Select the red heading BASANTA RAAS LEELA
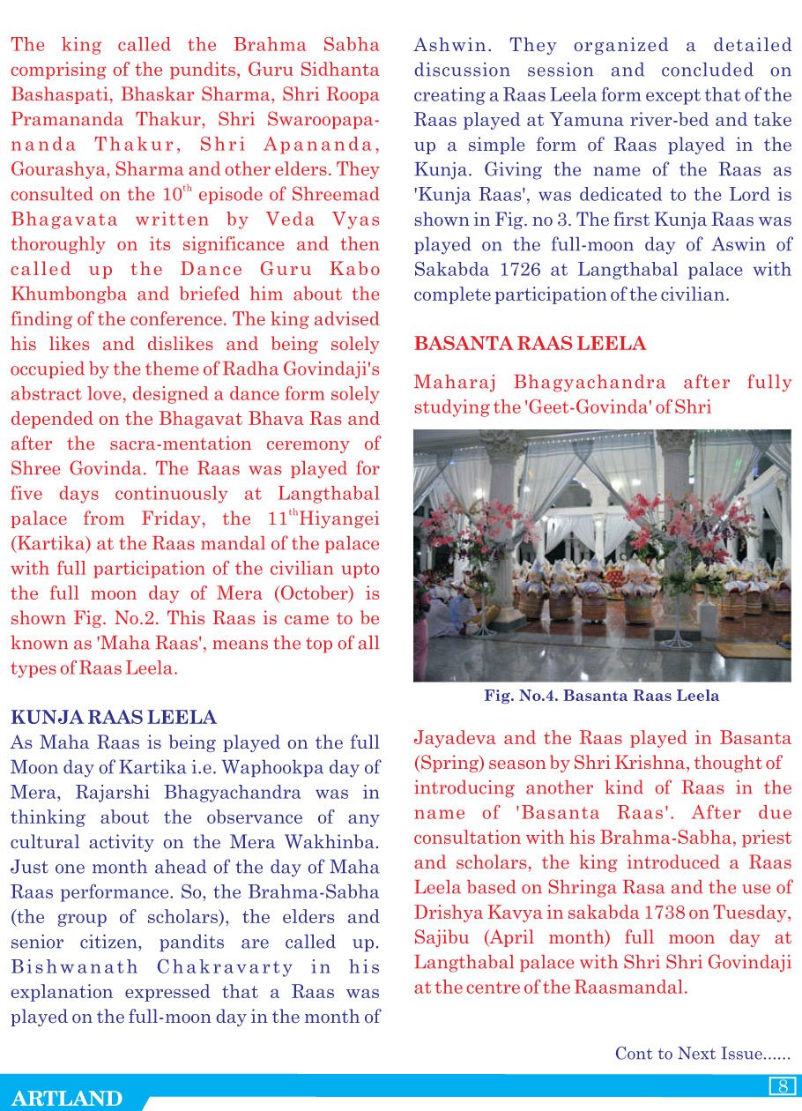click(x=530, y=343)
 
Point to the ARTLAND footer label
click(x=67, y=1098)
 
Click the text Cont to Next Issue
click(x=702, y=1054)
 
